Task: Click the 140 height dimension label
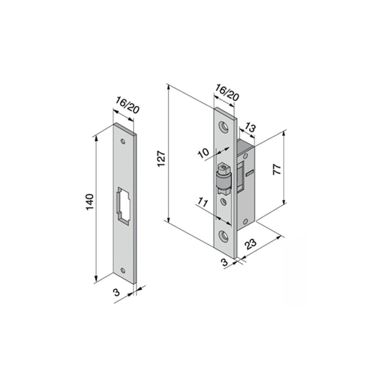tap(90, 202)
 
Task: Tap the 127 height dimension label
tap(162, 159)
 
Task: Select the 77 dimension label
tap(277, 169)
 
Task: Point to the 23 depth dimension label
tap(251, 244)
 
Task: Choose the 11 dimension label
tap(203, 203)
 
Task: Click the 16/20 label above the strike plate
tap(127, 105)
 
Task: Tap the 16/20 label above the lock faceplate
tap(227, 93)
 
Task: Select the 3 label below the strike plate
tap(117, 292)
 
